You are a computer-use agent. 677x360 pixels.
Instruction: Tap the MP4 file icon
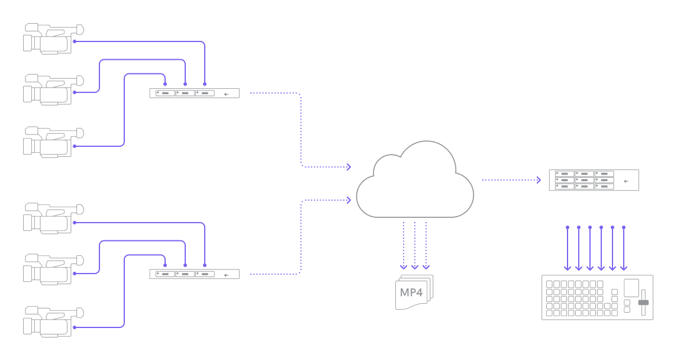click(x=414, y=292)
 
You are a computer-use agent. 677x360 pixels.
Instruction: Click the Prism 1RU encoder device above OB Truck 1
click(x=194, y=93)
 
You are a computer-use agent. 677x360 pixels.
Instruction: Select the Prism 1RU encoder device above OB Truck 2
click(x=194, y=274)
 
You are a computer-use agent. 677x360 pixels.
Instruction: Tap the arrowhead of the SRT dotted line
click(x=539, y=180)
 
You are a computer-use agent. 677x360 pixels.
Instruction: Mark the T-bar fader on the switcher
click(x=643, y=302)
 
